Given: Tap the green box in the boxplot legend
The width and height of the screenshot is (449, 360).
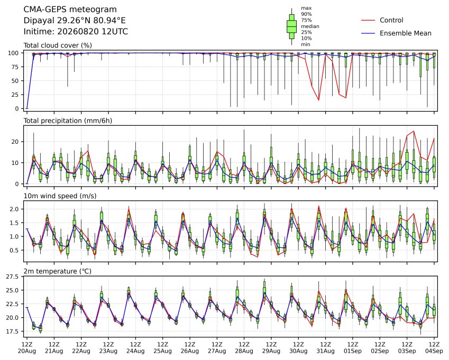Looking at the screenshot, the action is click(x=291, y=26).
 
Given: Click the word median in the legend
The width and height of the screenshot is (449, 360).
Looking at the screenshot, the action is click(x=310, y=26).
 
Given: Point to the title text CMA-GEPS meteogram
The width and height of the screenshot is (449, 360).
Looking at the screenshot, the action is click(x=70, y=10).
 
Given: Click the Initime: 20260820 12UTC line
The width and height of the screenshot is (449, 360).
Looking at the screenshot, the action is click(x=76, y=32).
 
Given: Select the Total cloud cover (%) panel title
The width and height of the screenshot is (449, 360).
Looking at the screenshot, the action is click(x=58, y=45).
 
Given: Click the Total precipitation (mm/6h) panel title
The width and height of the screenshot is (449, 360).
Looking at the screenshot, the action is click(x=68, y=121).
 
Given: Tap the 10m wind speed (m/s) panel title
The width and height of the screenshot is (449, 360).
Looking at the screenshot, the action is click(x=60, y=196).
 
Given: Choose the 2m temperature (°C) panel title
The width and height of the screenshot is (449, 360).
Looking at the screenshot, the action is click(x=57, y=271).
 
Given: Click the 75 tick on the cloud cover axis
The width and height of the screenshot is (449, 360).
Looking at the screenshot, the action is click(x=15, y=67).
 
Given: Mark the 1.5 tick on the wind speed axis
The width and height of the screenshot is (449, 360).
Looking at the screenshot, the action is click(x=14, y=223).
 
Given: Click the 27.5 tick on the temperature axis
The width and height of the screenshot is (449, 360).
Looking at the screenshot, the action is click(x=12, y=276).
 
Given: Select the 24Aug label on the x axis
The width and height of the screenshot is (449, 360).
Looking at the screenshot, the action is click(x=135, y=351).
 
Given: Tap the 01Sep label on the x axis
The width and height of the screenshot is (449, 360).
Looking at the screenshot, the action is click(x=353, y=351).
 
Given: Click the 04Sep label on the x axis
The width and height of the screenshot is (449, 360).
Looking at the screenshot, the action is click(x=434, y=351).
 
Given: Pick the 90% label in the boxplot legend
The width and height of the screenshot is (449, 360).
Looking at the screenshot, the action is click(x=306, y=14).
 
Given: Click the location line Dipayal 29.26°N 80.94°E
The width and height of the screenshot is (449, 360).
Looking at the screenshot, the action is click(x=75, y=21).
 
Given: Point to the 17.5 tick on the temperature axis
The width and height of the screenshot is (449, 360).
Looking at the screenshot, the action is click(x=12, y=331).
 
